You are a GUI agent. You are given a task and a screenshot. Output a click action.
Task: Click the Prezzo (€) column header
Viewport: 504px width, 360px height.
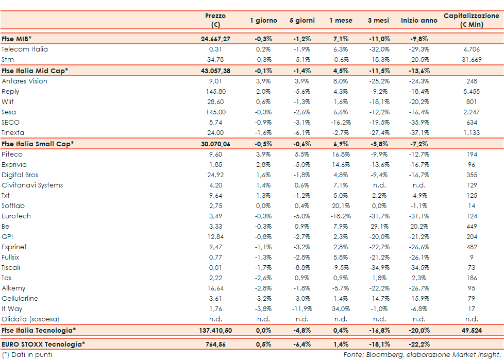[x=215, y=20]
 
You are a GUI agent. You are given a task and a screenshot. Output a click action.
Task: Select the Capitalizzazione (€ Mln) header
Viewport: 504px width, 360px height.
[x=471, y=20]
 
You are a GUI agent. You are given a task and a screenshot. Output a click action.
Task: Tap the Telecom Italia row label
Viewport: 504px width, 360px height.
[x=25, y=49]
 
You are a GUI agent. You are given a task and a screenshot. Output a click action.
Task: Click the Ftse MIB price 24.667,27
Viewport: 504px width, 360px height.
[x=215, y=39]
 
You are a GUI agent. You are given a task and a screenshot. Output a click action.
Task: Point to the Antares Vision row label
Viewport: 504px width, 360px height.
[x=25, y=81]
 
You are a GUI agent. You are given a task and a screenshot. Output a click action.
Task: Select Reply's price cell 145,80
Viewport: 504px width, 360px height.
[x=215, y=91]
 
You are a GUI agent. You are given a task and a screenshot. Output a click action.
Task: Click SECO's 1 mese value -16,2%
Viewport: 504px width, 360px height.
[x=341, y=122]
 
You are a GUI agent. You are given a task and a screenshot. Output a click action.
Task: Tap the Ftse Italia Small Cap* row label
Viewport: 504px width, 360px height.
[x=38, y=144]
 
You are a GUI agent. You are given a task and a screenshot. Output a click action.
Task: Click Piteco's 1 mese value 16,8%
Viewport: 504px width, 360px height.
[x=341, y=154]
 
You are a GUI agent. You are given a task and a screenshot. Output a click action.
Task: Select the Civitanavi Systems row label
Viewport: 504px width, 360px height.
[x=32, y=185]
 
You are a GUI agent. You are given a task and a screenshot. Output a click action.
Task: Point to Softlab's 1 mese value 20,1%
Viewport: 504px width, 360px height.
[x=341, y=205]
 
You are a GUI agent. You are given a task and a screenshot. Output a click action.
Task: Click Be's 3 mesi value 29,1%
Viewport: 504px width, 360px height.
[x=379, y=226]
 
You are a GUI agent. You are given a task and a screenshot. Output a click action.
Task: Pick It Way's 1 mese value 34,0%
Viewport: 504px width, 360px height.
[x=341, y=308]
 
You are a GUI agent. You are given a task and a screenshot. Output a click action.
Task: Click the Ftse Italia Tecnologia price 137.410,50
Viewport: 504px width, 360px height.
[x=215, y=330]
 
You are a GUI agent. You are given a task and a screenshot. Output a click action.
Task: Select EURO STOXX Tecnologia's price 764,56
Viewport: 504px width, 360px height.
[x=215, y=344]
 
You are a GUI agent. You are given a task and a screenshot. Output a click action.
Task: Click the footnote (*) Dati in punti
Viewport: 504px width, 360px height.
[x=27, y=354]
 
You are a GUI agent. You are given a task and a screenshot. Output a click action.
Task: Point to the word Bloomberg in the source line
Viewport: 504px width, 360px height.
[x=382, y=354]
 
